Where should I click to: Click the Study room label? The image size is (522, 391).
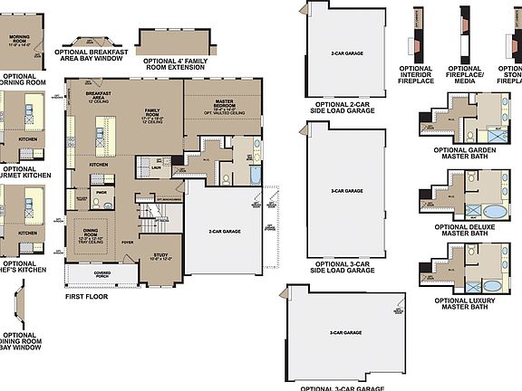tap(161, 257)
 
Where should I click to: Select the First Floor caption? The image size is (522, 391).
tap(86, 296)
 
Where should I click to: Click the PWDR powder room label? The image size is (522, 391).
tap(101, 192)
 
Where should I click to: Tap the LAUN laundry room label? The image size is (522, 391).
tap(156, 167)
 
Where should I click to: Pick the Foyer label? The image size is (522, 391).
tap(129, 242)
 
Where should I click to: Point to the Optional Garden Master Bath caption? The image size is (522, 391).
tap(465, 154)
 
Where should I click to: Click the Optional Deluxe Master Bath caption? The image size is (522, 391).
tap(465, 232)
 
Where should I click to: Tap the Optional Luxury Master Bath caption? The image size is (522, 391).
tap(465, 302)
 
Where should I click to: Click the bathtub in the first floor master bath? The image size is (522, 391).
tap(256, 174)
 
